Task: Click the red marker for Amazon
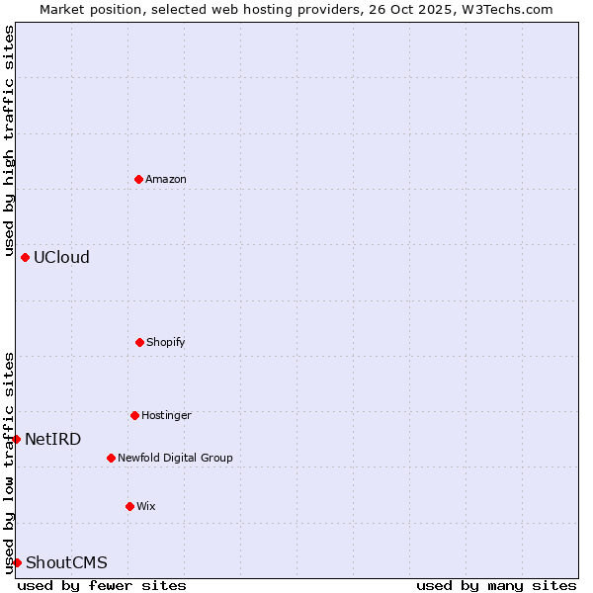pos(138,179)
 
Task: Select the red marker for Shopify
pos(139,342)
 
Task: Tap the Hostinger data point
pos(134,415)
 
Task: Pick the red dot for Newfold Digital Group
pos(111,458)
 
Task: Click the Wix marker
pos(129,506)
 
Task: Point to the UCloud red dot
pos(25,257)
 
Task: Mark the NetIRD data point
pos(16,439)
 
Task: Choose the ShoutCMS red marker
pos(17,562)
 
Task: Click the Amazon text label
pos(166,179)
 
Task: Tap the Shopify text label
pos(166,342)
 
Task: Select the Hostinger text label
pos(166,415)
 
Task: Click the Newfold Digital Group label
pos(175,458)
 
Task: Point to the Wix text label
pos(146,506)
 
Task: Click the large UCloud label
pos(61,257)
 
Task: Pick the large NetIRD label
pos(53,439)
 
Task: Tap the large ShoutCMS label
pos(66,562)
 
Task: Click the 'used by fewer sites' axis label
pos(102,585)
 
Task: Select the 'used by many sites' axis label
pos(496,585)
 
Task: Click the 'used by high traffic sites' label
pos(9,140)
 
